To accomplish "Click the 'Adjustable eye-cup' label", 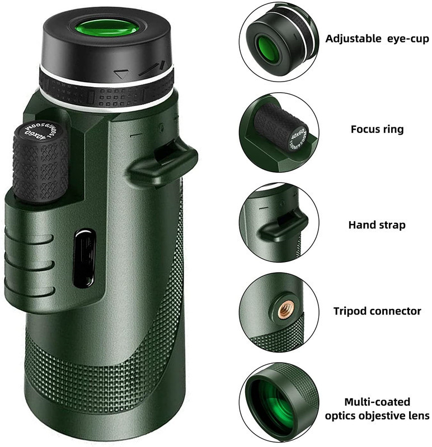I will [377, 39].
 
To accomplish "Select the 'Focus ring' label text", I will [377, 129].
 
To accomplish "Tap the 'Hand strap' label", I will [377, 225].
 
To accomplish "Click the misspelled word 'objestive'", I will [377, 415].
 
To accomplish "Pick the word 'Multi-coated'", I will [377, 402].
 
